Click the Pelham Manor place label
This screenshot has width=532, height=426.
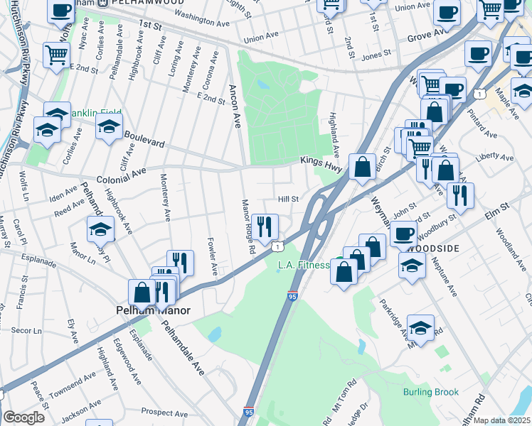click(147, 310)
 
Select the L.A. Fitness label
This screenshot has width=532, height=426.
click(302, 266)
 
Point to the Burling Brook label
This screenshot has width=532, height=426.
click(430, 392)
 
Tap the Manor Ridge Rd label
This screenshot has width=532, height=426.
click(248, 226)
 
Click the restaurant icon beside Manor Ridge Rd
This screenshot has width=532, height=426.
click(265, 227)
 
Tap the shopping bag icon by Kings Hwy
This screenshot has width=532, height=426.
click(363, 168)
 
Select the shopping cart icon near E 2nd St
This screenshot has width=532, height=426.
click(56, 54)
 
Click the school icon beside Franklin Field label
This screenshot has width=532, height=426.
click(109, 128)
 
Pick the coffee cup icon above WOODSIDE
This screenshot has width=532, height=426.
click(404, 233)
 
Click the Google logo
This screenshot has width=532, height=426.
click(23, 417)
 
